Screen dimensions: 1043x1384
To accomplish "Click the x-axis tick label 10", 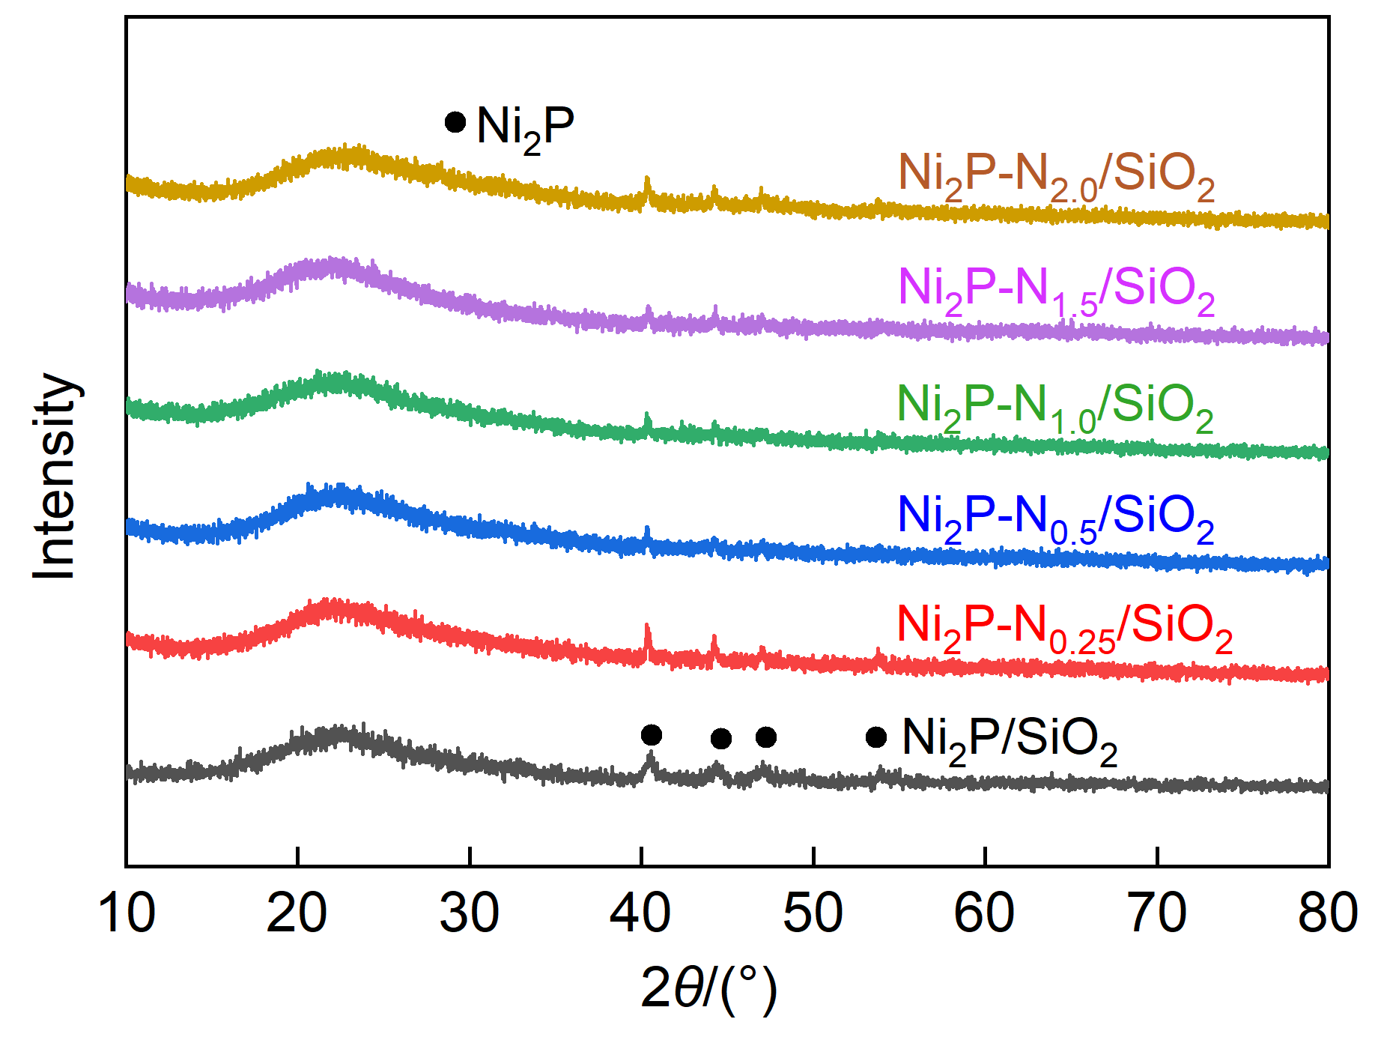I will pyautogui.click(x=127, y=914).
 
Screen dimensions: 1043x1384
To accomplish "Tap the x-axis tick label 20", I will pyautogui.click(x=297, y=914).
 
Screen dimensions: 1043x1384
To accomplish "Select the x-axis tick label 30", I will pyautogui.click(x=470, y=914).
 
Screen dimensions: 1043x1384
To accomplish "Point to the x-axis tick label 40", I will pyautogui.click(x=641, y=914).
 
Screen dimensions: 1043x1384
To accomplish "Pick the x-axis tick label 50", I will pyautogui.click(x=813, y=914).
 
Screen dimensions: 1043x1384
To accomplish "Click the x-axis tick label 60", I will pyautogui.click(x=985, y=914).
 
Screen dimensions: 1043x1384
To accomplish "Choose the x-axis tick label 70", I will pyautogui.click(x=1157, y=914).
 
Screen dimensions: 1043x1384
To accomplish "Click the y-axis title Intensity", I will pyautogui.click(x=55, y=477).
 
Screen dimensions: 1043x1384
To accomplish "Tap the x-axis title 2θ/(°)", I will pyautogui.click(x=708, y=989).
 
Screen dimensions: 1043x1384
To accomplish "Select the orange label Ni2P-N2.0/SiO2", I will pyautogui.click(x=1056, y=177).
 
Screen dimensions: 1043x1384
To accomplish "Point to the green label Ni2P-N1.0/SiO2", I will pyautogui.click(x=1054, y=408).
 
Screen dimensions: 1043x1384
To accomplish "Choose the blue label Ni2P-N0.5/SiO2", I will pyautogui.click(x=1055, y=519).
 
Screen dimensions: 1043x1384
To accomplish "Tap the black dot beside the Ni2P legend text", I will pyautogui.click(x=455, y=122).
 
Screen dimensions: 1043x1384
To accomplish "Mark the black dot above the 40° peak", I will pyautogui.click(x=652, y=735).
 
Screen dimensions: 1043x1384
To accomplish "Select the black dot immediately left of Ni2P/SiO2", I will pyautogui.click(x=876, y=737).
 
